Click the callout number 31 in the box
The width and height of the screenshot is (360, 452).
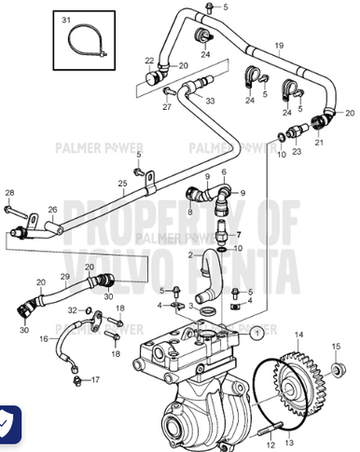tap(66, 20)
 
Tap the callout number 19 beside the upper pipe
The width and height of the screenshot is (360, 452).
tap(278, 46)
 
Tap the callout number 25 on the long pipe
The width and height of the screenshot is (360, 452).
tap(121, 184)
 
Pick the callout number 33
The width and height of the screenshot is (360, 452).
tap(210, 100)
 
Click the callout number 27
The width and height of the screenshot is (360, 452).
tap(168, 107)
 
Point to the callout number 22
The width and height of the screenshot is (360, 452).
tap(149, 61)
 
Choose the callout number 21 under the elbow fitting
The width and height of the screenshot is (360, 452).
tap(318, 143)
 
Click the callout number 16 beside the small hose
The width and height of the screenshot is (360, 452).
tap(43, 340)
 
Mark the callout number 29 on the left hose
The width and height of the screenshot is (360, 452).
tap(64, 277)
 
